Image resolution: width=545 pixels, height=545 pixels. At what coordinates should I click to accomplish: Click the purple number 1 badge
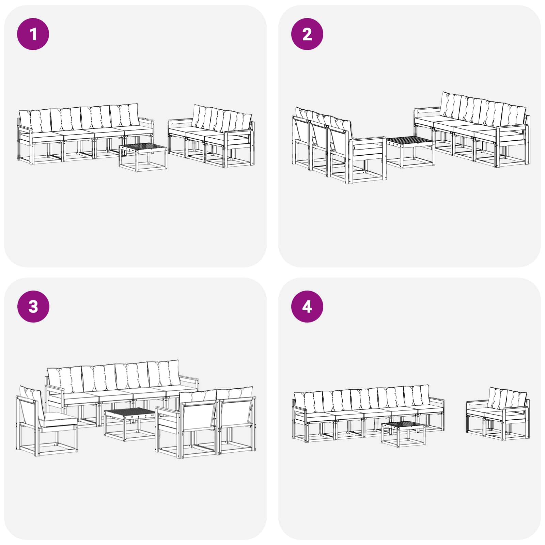33,34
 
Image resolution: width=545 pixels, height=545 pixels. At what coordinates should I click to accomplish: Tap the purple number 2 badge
307,34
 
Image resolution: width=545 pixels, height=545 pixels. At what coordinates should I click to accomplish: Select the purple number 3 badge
33,307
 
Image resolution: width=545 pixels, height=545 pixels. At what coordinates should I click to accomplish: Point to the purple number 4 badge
307,307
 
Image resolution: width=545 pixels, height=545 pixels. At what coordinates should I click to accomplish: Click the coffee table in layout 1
143,157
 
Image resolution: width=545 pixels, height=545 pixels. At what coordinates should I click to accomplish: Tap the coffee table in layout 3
130,424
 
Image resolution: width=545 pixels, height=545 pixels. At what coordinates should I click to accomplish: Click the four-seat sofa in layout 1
85,134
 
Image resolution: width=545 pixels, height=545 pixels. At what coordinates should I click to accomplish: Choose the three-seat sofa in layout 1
211,136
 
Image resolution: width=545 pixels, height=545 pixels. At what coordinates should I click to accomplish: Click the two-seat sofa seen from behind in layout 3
206,422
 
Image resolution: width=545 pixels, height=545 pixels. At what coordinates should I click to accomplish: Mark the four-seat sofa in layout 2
472,130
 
